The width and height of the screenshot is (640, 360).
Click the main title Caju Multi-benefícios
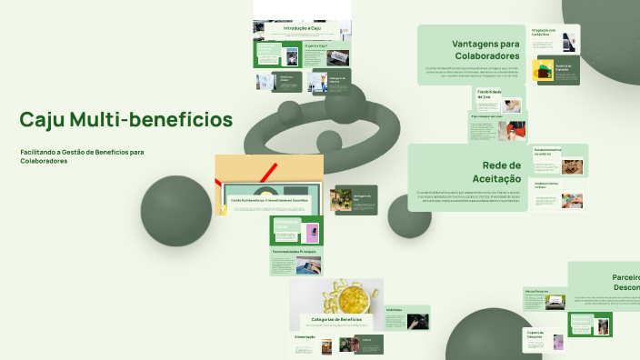(125, 120)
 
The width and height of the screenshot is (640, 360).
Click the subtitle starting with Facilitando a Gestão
(82, 156)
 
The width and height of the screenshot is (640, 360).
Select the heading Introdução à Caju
(302, 29)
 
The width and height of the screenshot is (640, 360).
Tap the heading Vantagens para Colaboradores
(485, 50)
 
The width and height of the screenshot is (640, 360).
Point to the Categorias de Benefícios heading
(337, 320)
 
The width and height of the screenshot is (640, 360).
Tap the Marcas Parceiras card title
(535, 292)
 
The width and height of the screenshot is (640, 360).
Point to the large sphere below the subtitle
(176, 211)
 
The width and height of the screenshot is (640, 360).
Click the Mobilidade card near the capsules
(406, 317)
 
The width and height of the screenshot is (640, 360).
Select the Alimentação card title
(305, 337)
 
